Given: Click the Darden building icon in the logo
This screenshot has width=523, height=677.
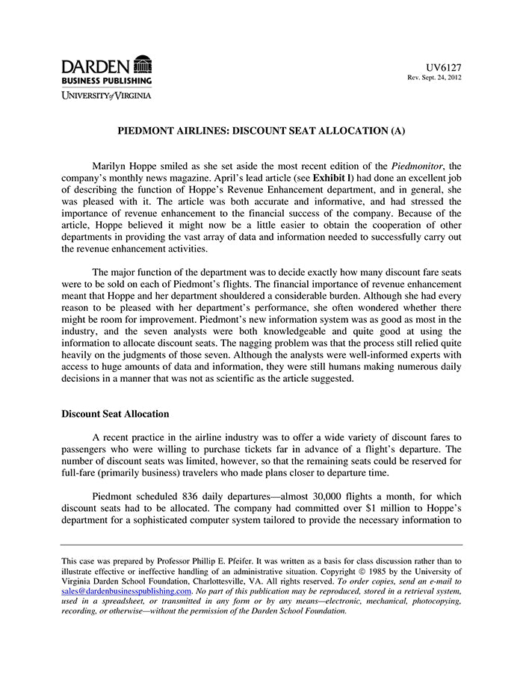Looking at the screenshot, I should coord(142,64).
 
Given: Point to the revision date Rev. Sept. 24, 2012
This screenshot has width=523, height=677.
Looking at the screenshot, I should coord(434,78).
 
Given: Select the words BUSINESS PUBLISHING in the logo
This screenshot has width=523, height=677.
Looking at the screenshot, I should coord(106,80).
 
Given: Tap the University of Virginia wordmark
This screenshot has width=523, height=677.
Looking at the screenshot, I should coord(106,95).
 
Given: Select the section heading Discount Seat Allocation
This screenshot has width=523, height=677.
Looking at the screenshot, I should coord(115,414).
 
